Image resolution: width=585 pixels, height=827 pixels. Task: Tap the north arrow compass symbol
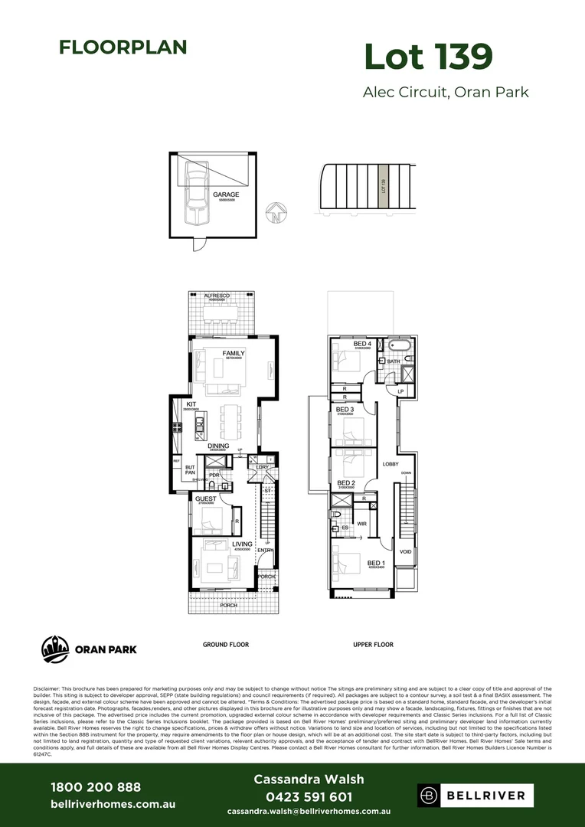pos(275,213)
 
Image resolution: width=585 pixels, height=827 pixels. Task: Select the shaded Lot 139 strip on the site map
pos(383,186)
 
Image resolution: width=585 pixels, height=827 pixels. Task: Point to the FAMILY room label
pos(234,354)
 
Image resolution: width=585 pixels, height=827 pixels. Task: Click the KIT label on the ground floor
pos(191,404)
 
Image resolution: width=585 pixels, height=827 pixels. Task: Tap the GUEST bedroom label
pos(205,499)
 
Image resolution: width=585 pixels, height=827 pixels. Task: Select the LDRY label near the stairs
pos(262,467)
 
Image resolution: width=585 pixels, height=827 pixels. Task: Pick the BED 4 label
pos(362,345)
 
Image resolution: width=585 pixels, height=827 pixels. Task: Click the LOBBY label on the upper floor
pos(391,465)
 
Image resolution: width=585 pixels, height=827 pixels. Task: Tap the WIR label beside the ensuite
pos(361,524)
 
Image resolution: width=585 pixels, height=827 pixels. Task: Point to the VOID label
pos(406,551)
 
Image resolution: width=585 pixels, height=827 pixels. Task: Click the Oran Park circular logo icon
pos(55,649)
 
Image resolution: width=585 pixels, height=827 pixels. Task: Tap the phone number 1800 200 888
pos(96,787)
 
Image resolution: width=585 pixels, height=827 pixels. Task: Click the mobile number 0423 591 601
pos(309,797)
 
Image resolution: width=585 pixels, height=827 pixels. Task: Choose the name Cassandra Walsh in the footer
pos(309,780)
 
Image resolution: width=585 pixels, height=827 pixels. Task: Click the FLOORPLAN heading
pos(123,47)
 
